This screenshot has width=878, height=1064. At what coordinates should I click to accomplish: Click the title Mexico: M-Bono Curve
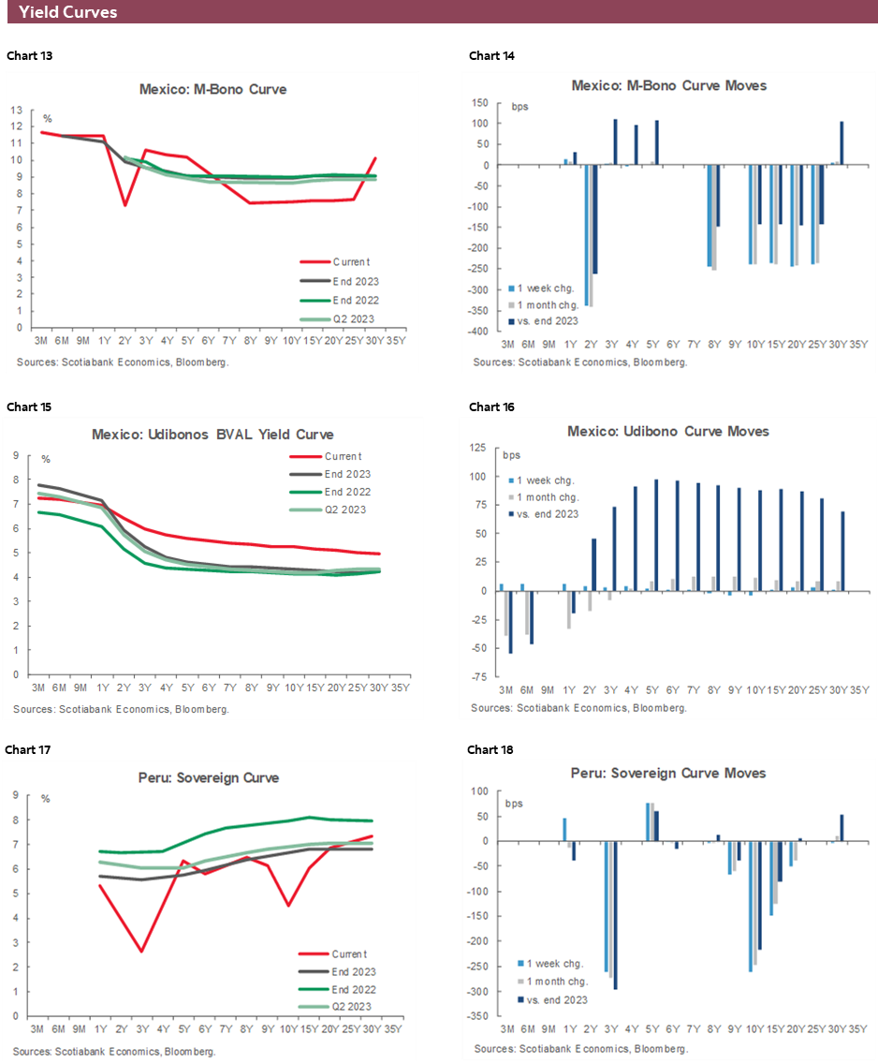(212, 90)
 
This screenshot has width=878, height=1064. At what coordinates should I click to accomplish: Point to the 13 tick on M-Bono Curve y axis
(16, 110)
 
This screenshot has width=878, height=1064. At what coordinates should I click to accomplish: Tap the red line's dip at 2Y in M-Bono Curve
(124, 204)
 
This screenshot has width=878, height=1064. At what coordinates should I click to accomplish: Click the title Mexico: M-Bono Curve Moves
(669, 85)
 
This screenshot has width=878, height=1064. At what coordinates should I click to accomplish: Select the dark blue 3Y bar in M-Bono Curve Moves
(616, 142)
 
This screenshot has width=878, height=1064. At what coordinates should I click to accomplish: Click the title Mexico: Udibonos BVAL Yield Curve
(212, 435)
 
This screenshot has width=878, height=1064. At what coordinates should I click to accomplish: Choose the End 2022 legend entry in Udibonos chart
(346, 492)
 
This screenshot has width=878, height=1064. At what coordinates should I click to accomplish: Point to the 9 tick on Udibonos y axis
(16, 456)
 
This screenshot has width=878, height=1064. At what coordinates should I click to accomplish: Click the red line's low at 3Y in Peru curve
(140, 952)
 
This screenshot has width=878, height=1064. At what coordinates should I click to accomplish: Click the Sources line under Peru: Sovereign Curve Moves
(579, 1046)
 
